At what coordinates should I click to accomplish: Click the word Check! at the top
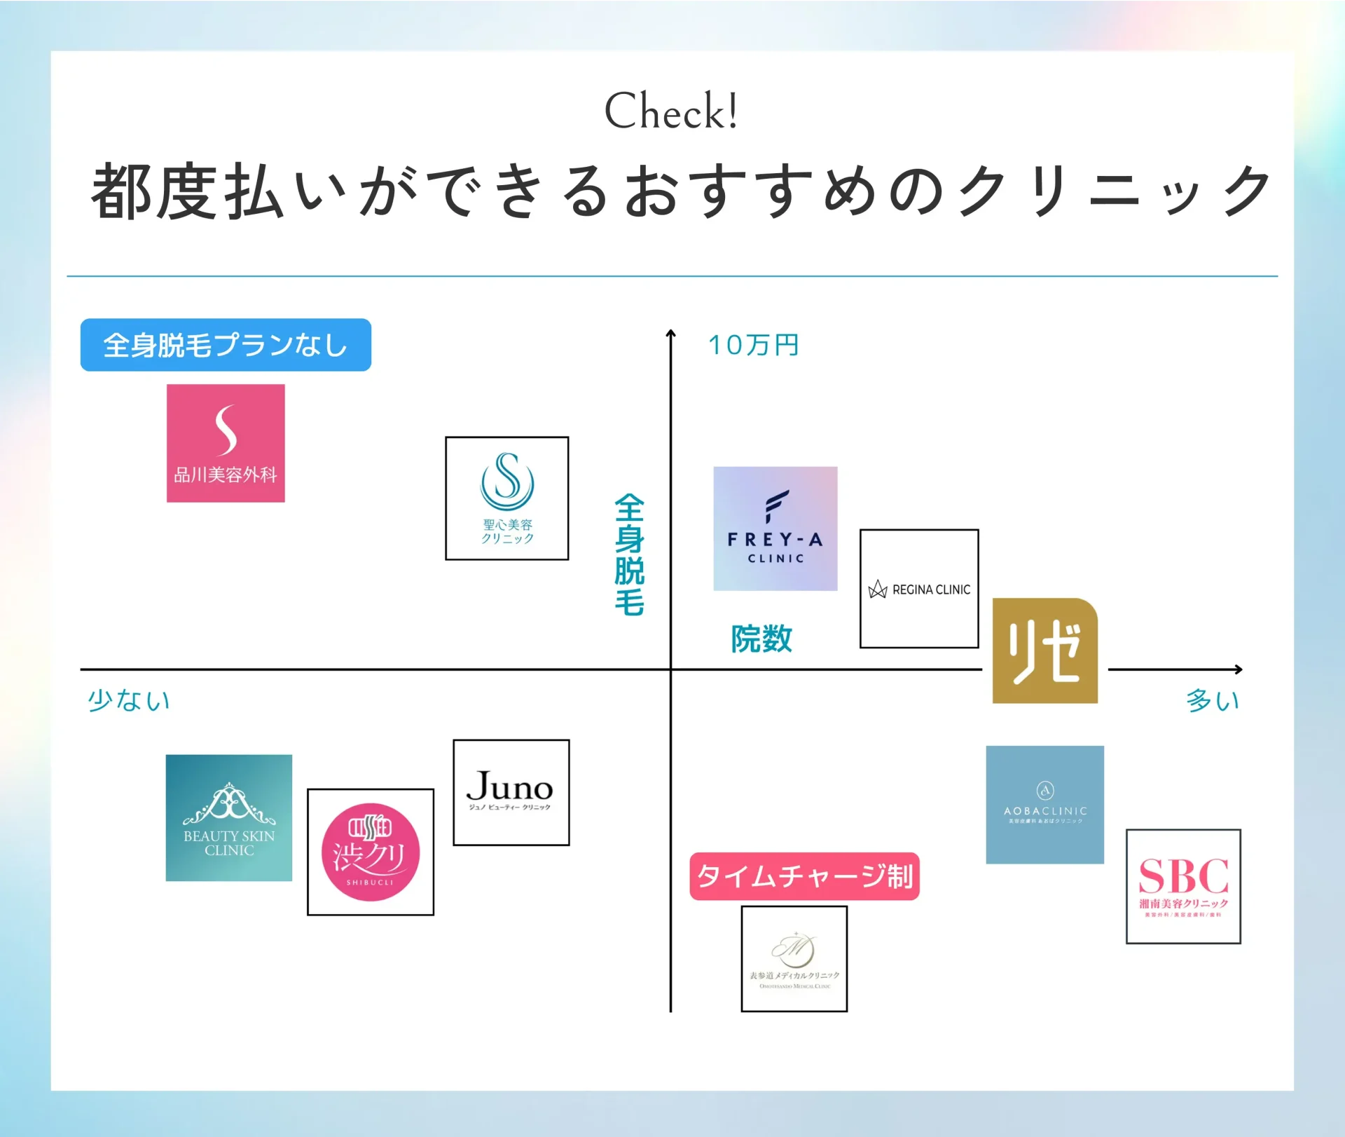[671, 111]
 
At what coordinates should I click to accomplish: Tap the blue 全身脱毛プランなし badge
[226, 345]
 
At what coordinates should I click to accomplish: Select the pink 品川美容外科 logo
[226, 443]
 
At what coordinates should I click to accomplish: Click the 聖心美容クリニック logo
[507, 498]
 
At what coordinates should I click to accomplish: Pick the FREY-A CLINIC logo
[775, 529]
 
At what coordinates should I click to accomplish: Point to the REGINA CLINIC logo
[919, 589]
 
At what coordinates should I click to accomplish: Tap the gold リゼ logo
[1044, 651]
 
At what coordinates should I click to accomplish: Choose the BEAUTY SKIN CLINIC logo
[229, 817]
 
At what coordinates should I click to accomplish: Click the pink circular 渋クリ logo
[371, 852]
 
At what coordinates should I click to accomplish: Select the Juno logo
[511, 792]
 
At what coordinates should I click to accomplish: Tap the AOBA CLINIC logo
[1044, 805]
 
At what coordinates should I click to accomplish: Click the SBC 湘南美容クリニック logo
[1183, 886]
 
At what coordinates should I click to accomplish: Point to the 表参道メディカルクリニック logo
[794, 958]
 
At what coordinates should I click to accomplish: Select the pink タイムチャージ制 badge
[804, 876]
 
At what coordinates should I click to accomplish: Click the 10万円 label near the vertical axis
[754, 345]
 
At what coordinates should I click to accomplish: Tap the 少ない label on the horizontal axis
[129, 700]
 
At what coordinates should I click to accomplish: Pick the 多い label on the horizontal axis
[1213, 700]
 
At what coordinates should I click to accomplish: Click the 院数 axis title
[761, 639]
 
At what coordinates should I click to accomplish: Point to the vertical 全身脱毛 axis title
[629, 554]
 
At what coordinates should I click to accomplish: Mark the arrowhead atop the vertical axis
[670, 334]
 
